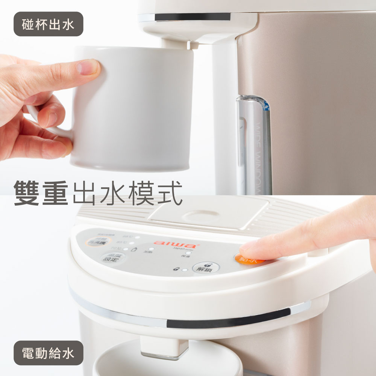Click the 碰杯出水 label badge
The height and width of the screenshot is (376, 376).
[48, 24]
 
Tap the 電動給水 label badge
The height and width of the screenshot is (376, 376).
[48, 353]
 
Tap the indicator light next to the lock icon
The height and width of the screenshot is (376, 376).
[184, 270]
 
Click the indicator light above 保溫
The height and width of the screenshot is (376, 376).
[188, 253]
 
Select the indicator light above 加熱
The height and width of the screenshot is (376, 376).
[150, 249]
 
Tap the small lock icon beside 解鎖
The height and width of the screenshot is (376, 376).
[176, 269]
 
